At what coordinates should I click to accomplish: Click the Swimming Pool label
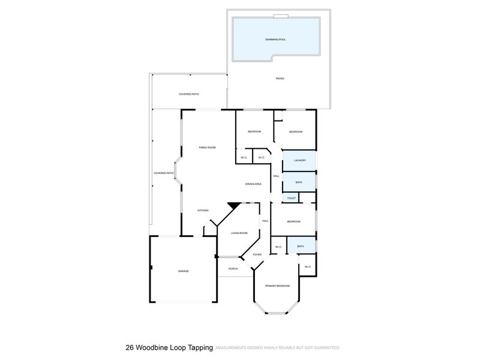click(x=275, y=39)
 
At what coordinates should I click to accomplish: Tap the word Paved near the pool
click(x=280, y=79)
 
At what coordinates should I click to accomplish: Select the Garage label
click(x=183, y=271)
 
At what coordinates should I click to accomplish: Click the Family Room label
click(x=207, y=147)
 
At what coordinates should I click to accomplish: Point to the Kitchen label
click(x=203, y=210)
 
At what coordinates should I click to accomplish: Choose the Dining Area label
click(x=253, y=184)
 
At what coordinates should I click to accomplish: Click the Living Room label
click(x=239, y=233)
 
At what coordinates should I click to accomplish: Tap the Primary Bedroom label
click(x=278, y=286)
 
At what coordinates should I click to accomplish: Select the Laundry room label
click(x=300, y=160)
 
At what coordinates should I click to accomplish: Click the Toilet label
click(x=291, y=197)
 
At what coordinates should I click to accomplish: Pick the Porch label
click(x=233, y=268)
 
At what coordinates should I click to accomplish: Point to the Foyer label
click(x=257, y=254)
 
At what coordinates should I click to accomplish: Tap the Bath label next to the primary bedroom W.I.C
click(x=300, y=245)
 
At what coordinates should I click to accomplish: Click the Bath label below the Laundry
click(x=299, y=182)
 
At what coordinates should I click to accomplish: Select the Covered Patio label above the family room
click(x=188, y=94)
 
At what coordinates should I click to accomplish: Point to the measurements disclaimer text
click(x=277, y=347)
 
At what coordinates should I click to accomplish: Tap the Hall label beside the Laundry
click(x=275, y=176)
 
